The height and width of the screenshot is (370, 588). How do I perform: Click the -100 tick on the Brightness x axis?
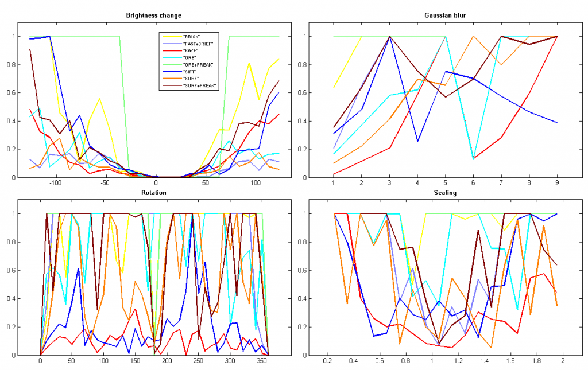tap(55, 184)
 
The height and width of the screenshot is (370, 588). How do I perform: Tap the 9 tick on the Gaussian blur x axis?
tap(557, 184)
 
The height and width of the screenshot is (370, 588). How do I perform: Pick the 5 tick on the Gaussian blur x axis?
tap(446, 184)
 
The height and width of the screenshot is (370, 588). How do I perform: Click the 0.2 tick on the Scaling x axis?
tap(327, 361)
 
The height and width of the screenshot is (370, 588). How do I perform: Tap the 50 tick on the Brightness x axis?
tap(206, 184)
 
